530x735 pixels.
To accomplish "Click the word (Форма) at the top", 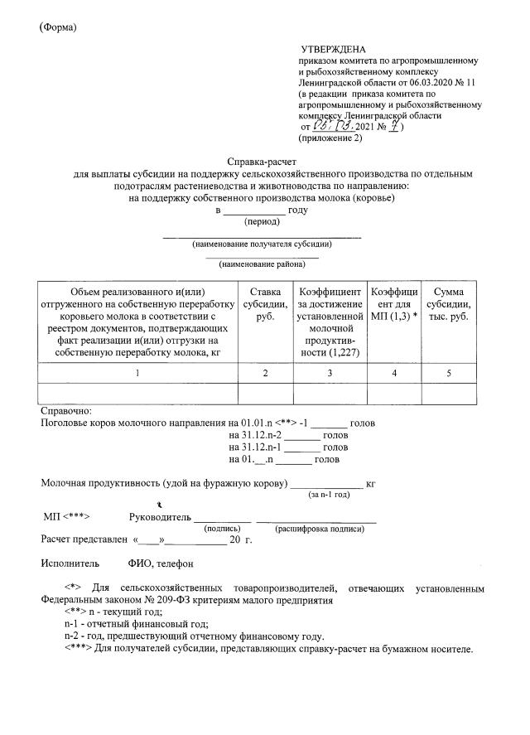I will click(x=58, y=27).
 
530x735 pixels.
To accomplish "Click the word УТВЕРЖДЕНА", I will click(x=336, y=51).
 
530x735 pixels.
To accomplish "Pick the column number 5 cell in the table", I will click(x=449, y=374).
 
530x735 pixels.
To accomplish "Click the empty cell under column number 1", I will click(x=137, y=394).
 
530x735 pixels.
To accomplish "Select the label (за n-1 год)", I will click(x=330, y=494).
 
